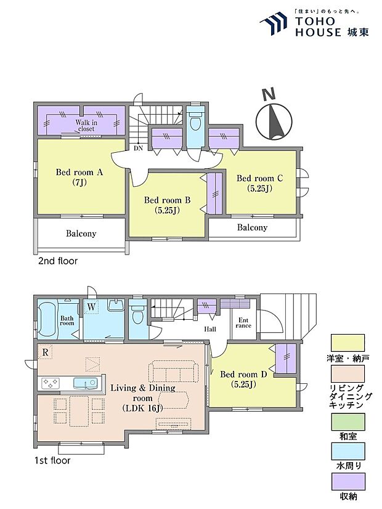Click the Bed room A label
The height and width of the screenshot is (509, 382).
[x=79, y=177]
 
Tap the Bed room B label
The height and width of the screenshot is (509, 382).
[x=167, y=205]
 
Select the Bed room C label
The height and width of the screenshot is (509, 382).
[x=259, y=183]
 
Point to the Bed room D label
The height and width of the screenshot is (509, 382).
[x=243, y=379]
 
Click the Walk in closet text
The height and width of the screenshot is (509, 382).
[x=86, y=125]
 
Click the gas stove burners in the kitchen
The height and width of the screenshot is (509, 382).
[x=50, y=383]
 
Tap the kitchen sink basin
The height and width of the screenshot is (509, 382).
[x=85, y=383]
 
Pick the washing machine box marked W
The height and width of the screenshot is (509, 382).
[x=92, y=307]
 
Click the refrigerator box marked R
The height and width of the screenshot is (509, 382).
[x=45, y=352]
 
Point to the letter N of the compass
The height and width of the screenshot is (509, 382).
[x=269, y=94]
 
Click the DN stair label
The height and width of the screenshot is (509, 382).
[x=138, y=148]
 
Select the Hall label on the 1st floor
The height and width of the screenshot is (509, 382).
[x=210, y=329]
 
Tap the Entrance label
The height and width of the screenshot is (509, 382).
[x=243, y=323]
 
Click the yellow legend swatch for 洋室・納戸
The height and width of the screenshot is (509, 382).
[x=347, y=343]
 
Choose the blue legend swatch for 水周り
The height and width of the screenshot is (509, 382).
[x=347, y=451]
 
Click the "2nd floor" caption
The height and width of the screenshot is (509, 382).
[x=58, y=261]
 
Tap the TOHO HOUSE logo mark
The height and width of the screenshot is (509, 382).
[x=274, y=23]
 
